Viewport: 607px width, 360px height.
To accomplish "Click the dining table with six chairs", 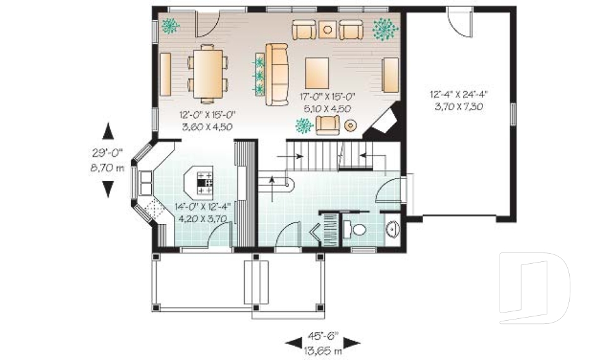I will pyautogui.click(x=207, y=73).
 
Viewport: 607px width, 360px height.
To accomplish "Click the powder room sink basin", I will pyautogui.click(x=392, y=228).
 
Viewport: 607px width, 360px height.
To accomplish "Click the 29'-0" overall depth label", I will pyautogui.click(x=107, y=152).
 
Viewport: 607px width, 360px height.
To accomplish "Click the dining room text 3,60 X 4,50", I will pyautogui.click(x=207, y=127).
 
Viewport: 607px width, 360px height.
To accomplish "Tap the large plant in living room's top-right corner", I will pyautogui.click(x=384, y=28).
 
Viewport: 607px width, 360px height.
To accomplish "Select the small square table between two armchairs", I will pyautogui.click(x=328, y=29).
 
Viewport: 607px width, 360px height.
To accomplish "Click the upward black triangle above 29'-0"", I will pyautogui.click(x=108, y=131).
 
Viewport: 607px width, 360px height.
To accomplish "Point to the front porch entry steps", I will pyautogui.click(x=256, y=282).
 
